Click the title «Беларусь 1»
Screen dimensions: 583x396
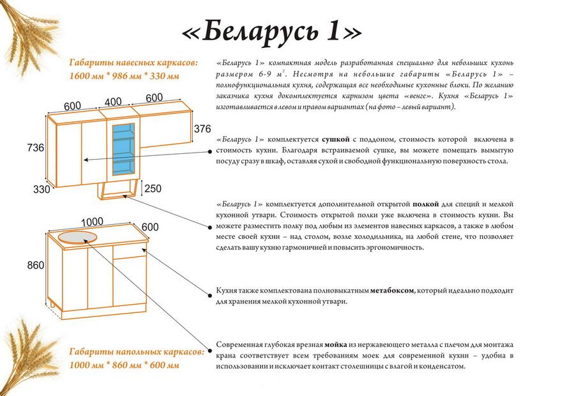(272, 33)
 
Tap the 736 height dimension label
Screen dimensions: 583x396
(35, 148)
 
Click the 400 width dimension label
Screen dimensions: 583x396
(113, 102)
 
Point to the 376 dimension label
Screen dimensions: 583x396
(202, 128)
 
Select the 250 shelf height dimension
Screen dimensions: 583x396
(153, 188)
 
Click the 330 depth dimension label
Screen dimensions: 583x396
(42, 189)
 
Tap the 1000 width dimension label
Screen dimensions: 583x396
(92, 222)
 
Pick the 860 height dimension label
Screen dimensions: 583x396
(35, 265)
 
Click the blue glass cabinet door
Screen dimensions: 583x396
(123, 148)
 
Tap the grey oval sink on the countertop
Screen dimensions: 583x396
(77, 237)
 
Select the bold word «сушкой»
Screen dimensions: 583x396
(336, 139)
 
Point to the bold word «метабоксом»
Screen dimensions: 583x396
(391, 291)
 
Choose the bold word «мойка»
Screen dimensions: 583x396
(336, 345)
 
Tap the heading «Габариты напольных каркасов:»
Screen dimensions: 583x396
(137, 352)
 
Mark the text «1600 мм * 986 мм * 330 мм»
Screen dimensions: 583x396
(124, 76)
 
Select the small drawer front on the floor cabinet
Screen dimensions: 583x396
(130, 252)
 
